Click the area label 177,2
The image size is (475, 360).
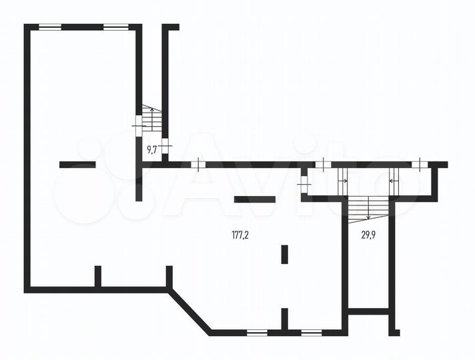pyautogui.click(x=240, y=235)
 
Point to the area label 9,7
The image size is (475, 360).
pyautogui.click(x=151, y=149)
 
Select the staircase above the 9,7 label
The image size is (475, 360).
pyautogui.click(x=152, y=121)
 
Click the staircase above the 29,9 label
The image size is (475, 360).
pyautogui.click(x=368, y=209)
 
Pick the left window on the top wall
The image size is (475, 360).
pyautogui.click(x=50, y=27)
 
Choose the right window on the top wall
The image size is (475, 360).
pyautogui.click(x=115, y=27)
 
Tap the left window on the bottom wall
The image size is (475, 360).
pyautogui.click(x=256, y=331)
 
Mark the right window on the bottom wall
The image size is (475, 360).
pyautogui.click(x=311, y=331)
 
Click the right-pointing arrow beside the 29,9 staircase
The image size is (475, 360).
pyautogui.click(x=343, y=179)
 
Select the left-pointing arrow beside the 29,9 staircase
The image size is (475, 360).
pyautogui.click(x=393, y=179)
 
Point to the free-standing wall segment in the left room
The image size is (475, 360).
pyautogui.click(x=77, y=164)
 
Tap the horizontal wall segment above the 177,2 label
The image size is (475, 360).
pyautogui.click(x=254, y=199)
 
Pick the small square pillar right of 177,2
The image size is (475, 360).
pyautogui.click(x=284, y=254)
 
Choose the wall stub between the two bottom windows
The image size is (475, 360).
pyautogui.click(x=284, y=319)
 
